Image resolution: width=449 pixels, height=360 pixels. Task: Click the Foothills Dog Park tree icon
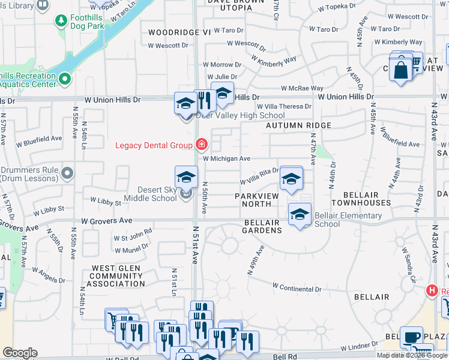[x=61, y=22]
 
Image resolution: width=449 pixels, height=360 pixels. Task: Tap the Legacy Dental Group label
[x=154, y=145]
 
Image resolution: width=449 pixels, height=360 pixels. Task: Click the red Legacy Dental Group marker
[x=201, y=144]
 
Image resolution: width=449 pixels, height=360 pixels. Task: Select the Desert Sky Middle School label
[x=150, y=194]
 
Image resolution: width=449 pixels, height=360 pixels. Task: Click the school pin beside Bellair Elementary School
[x=300, y=214]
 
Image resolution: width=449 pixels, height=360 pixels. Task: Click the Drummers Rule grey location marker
[x=67, y=174]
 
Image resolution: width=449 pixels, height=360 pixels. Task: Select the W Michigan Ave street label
[x=226, y=158]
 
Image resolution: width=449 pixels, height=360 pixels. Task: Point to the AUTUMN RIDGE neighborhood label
[x=298, y=125]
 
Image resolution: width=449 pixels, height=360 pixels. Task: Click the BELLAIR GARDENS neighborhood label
[x=262, y=226]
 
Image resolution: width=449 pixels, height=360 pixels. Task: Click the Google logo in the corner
[x=20, y=353]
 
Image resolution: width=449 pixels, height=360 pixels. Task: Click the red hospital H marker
[x=431, y=292]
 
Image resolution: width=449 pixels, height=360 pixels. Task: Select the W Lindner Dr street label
[x=364, y=347]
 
